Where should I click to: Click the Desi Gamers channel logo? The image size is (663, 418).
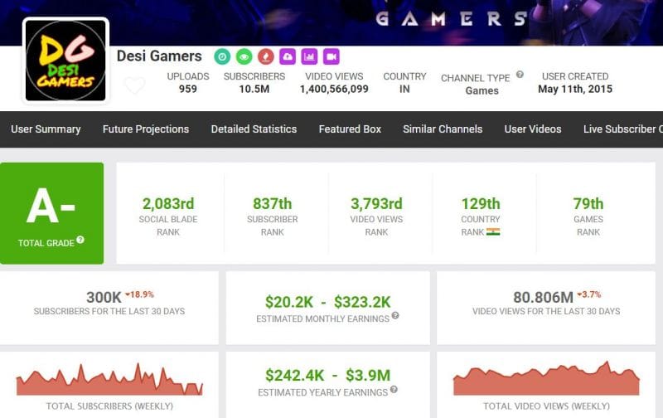65,61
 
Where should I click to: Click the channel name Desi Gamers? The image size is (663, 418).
159,56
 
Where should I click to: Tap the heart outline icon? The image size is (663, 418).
134,85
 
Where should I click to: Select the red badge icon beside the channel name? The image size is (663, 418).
265,56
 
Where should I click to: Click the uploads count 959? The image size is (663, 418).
188,89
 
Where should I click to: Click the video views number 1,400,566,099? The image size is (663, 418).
336,89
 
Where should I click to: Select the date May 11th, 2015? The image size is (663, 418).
575,89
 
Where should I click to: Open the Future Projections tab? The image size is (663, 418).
146,129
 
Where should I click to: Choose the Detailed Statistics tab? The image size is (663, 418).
254,129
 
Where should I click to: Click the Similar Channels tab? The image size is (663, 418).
443,129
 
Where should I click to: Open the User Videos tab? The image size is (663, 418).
533,129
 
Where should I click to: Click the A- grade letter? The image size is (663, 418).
51,207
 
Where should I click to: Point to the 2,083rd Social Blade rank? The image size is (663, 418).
167,204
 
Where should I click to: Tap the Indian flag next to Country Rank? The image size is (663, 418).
493,232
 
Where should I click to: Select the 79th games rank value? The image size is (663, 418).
588,204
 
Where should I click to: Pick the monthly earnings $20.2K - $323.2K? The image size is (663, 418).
328,302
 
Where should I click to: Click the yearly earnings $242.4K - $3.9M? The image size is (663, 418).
328,376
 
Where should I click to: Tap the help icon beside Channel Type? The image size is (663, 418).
520,75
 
